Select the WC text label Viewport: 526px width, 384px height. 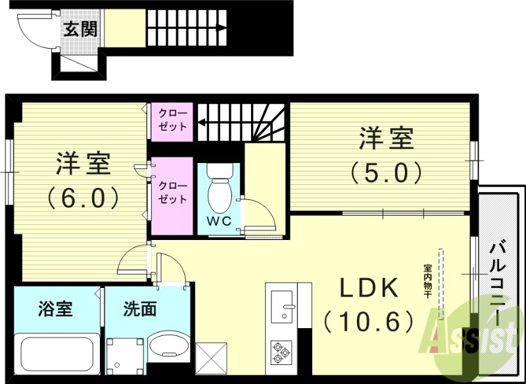pyautogui.click(x=220, y=221)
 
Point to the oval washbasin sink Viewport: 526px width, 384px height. pyautogui.click(x=167, y=346)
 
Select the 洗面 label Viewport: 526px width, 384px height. pyautogui.click(x=139, y=308)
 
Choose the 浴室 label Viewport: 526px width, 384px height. pyautogui.click(x=55, y=308)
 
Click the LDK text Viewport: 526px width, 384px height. pyautogui.click(x=368, y=289)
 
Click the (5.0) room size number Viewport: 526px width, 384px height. pyautogui.click(x=385, y=172)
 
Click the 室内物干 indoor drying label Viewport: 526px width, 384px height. pyautogui.click(x=427, y=279)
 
